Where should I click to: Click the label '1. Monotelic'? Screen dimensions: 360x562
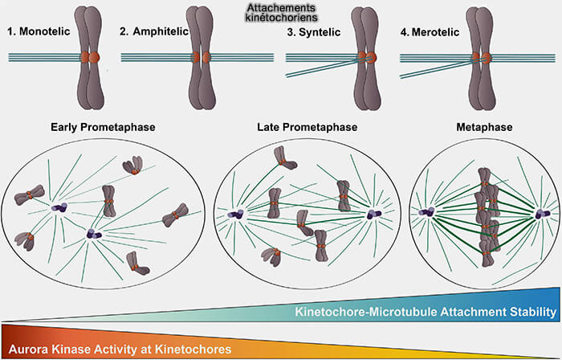click(x=35, y=34)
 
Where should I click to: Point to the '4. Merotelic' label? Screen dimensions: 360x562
click(x=429, y=34)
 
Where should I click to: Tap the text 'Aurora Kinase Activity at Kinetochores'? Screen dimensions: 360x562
click(x=118, y=349)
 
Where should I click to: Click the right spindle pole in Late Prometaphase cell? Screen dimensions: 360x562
click(x=371, y=214)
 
